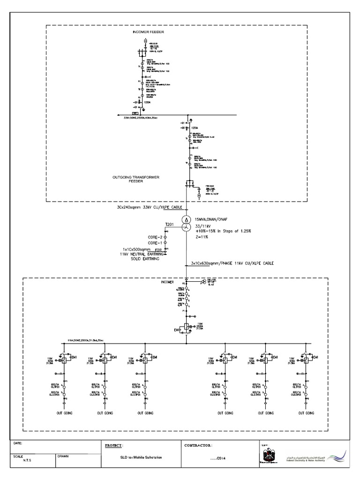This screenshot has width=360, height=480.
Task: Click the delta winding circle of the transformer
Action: [x=186, y=220]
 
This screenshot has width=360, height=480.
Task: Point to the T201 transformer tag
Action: [x=169, y=225]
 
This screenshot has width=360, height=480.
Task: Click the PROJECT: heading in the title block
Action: [x=114, y=445]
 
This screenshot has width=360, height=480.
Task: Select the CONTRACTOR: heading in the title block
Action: [x=199, y=445]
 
